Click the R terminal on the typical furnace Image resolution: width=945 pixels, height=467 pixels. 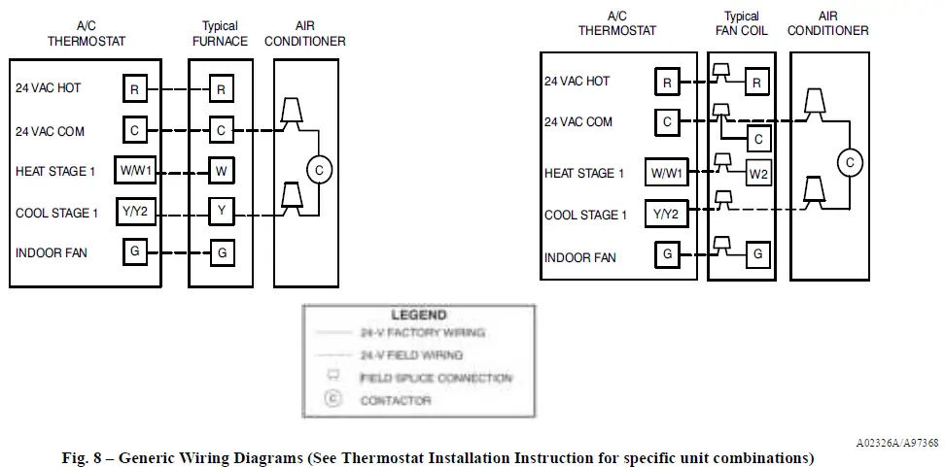point(221,90)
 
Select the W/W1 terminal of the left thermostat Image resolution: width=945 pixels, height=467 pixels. point(135,171)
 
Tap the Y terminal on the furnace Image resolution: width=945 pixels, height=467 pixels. point(221,211)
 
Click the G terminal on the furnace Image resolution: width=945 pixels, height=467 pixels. point(221,252)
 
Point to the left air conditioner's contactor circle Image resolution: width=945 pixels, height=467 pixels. point(318,170)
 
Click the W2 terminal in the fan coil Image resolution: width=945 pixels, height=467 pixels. point(759,174)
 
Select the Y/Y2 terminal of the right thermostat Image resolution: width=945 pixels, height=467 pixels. point(667,216)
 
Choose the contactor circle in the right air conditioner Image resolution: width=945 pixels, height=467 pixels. point(849,162)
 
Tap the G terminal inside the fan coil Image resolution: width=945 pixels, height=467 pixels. point(759,255)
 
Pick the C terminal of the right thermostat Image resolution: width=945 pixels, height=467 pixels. point(667,122)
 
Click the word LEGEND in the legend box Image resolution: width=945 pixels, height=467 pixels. point(419,316)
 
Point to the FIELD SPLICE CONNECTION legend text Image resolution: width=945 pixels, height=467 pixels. point(436,378)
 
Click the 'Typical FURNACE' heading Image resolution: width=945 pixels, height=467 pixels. point(220,34)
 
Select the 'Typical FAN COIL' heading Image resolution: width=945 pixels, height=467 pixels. point(742,24)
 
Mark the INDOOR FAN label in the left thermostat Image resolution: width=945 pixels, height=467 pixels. point(51,253)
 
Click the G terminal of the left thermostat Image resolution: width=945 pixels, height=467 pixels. point(135,252)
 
